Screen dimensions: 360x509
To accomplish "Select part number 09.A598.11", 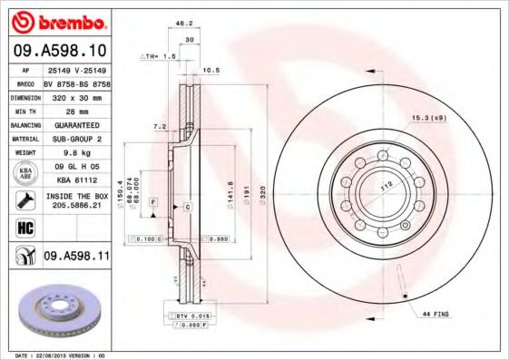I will [77, 258].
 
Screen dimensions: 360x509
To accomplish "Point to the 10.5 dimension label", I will [211, 69].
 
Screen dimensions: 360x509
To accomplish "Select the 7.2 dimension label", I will [160, 126].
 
